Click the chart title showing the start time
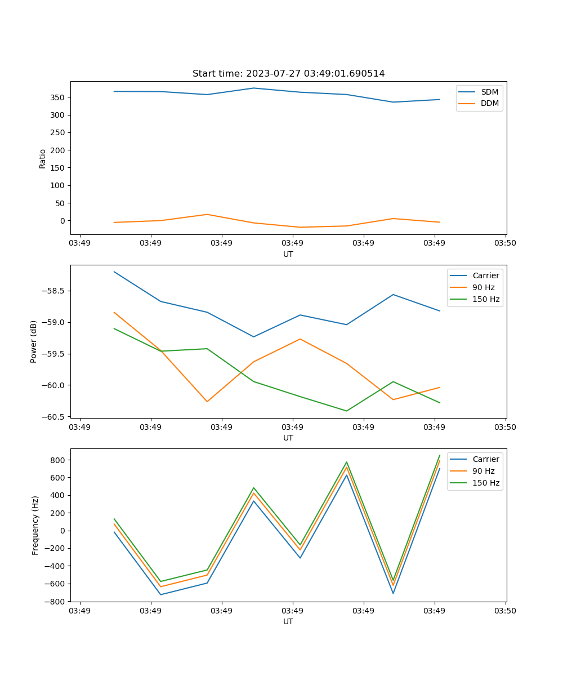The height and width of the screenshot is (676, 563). click(x=288, y=74)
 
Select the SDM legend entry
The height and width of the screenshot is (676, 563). click(x=489, y=92)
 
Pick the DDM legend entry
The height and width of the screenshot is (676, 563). click(x=489, y=103)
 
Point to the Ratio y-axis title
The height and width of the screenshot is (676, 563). click(x=43, y=158)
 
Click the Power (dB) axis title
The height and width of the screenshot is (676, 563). click(x=34, y=341)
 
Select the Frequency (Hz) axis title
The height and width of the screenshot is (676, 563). click(x=35, y=525)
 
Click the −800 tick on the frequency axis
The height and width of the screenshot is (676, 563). click(x=56, y=602)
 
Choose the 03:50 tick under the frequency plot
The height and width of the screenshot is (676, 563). click(x=505, y=611)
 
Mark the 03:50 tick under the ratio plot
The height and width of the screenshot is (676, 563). click(x=505, y=243)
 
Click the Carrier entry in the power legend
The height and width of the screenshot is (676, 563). click(x=485, y=275)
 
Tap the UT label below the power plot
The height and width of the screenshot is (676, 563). click(x=288, y=438)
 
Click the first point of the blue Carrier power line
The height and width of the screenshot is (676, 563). click(x=114, y=272)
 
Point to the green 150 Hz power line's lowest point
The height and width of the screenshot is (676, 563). click(x=346, y=411)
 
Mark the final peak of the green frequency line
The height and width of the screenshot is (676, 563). click(x=440, y=455)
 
